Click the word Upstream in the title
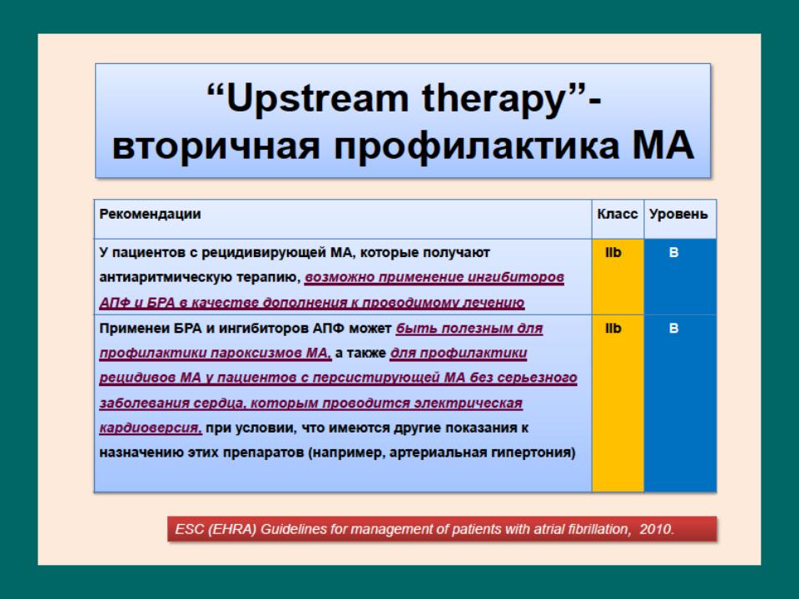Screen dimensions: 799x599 [x=317, y=99]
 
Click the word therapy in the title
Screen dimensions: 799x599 [x=494, y=99]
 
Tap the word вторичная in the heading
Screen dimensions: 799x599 [x=216, y=146]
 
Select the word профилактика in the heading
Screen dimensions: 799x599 [x=476, y=146]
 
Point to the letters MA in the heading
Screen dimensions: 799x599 [x=663, y=145]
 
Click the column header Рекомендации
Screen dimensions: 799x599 [x=150, y=214]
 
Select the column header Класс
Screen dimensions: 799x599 [x=617, y=214]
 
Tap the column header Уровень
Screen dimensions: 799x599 [x=678, y=214]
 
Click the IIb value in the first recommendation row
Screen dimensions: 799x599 [x=613, y=252]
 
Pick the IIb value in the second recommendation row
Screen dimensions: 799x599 [x=613, y=328]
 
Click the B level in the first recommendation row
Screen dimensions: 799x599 [x=673, y=252]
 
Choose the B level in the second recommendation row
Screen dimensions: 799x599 [x=673, y=328]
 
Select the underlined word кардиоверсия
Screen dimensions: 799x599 [x=151, y=428]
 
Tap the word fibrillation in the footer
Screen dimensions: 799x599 [x=594, y=529]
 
